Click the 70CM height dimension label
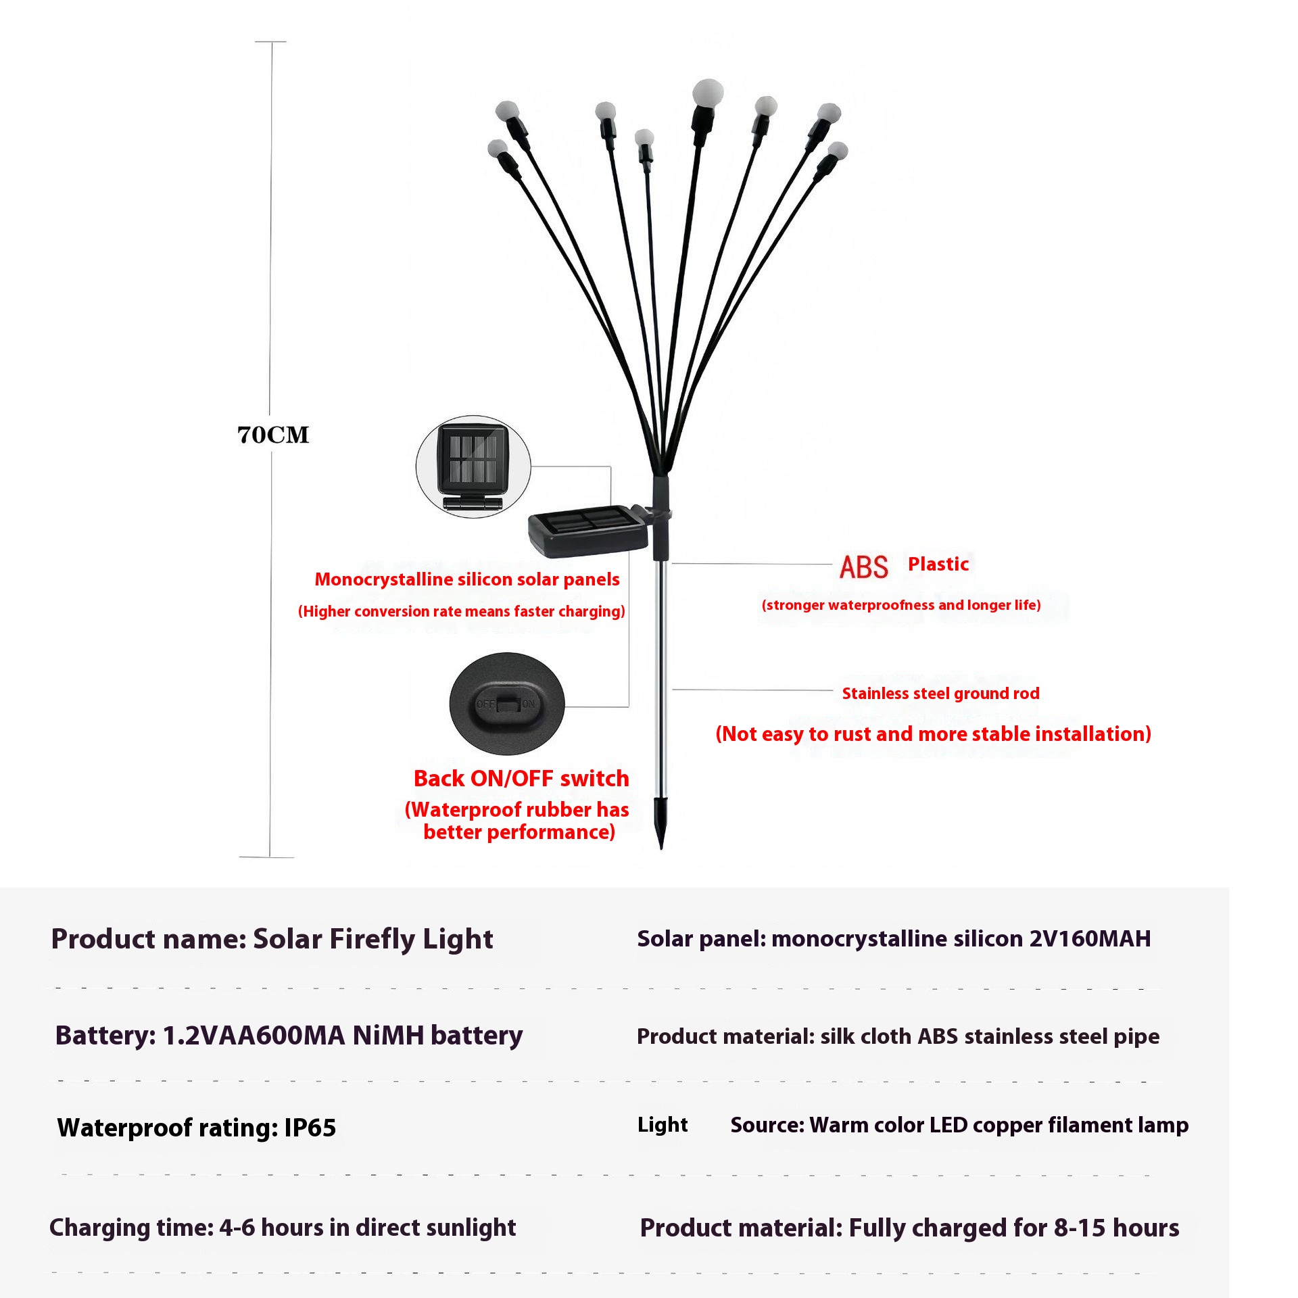pyautogui.click(x=273, y=435)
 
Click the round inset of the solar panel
pyautogui.click(x=473, y=466)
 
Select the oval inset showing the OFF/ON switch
pyautogui.click(x=506, y=703)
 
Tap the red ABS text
pyautogui.click(x=863, y=567)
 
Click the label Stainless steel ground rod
pyautogui.click(x=940, y=694)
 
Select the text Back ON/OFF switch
pyautogui.click(x=521, y=779)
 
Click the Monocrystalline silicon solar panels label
pyautogui.click(x=467, y=579)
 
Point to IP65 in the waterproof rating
pyautogui.click(x=310, y=1128)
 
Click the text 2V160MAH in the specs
pyautogui.click(x=1090, y=939)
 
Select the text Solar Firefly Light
pyautogui.click(x=373, y=939)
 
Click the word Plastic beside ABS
pyautogui.click(x=938, y=564)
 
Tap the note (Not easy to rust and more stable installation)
pyautogui.click(x=933, y=734)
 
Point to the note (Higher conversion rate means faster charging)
pyautogui.click(x=462, y=612)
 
